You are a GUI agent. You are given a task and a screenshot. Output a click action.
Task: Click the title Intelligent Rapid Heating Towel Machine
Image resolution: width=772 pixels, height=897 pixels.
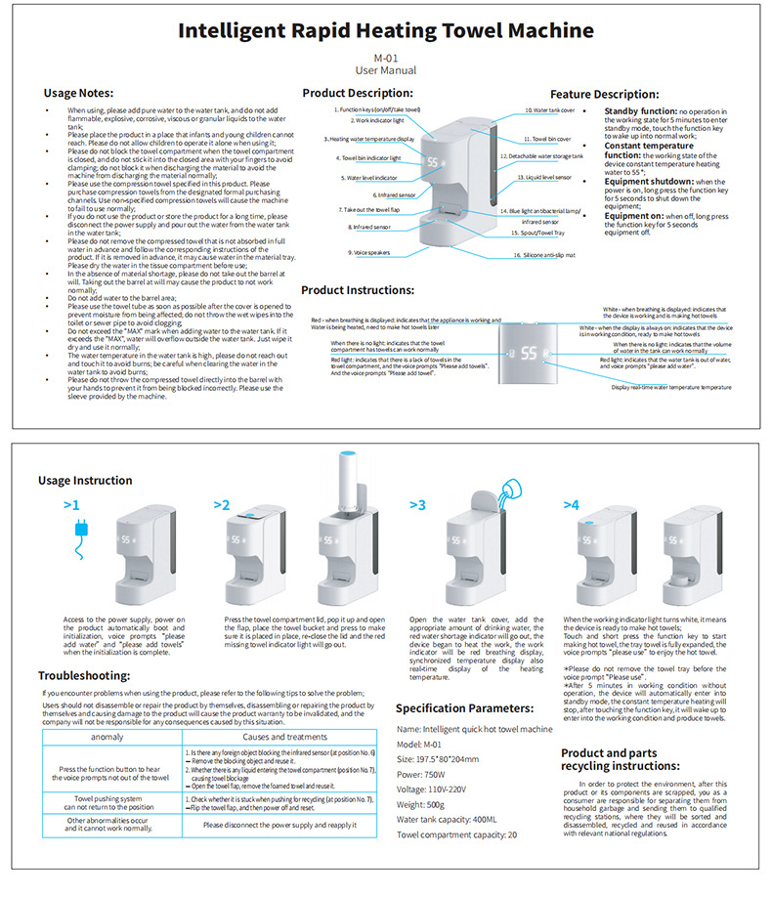(385, 29)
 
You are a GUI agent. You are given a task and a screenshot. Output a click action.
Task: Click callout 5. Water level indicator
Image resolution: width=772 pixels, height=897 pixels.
(369, 178)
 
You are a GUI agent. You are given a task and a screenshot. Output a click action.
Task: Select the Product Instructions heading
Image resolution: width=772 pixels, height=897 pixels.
(358, 290)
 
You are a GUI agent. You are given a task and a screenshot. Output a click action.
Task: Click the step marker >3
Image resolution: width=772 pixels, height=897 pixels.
(418, 505)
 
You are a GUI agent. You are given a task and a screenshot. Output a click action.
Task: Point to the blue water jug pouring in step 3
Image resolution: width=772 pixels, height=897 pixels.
(509, 492)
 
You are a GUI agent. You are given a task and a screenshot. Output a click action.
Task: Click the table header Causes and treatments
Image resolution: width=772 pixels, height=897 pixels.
(284, 736)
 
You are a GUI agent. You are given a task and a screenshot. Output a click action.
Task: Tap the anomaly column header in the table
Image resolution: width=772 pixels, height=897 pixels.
(107, 736)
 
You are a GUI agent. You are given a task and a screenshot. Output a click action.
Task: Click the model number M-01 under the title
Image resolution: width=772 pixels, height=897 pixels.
(385, 58)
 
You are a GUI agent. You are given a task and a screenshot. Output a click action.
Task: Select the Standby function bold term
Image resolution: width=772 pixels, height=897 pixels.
(640, 111)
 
